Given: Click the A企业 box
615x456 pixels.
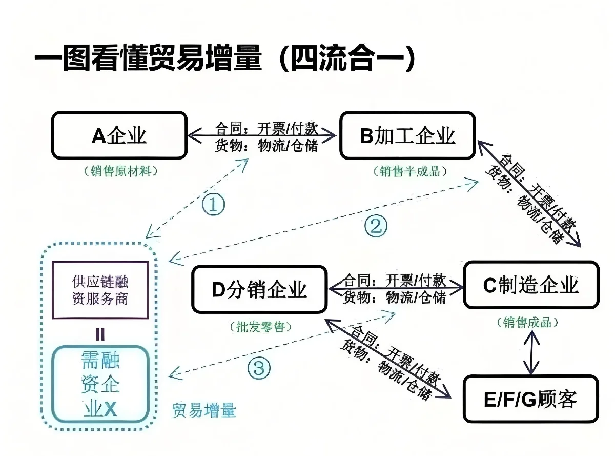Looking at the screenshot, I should [x=119, y=135].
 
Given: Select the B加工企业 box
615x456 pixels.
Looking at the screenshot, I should [x=408, y=135].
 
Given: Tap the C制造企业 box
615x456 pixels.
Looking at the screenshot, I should [x=531, y=285].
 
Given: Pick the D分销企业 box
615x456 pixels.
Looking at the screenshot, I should [x=259, y=289].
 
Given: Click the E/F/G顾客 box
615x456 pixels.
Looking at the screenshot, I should [x=531, y=399].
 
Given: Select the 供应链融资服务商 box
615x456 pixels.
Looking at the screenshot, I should [x=100, y=290].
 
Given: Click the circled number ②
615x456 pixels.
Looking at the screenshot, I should [x=376, y=226].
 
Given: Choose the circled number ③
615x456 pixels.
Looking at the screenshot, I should [x=259, y=367].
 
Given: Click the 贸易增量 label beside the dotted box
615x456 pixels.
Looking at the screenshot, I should [x=204, y=410].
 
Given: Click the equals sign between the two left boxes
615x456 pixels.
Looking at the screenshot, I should [x=100, y=334].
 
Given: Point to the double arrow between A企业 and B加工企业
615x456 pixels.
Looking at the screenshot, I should [x=262, y=136].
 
